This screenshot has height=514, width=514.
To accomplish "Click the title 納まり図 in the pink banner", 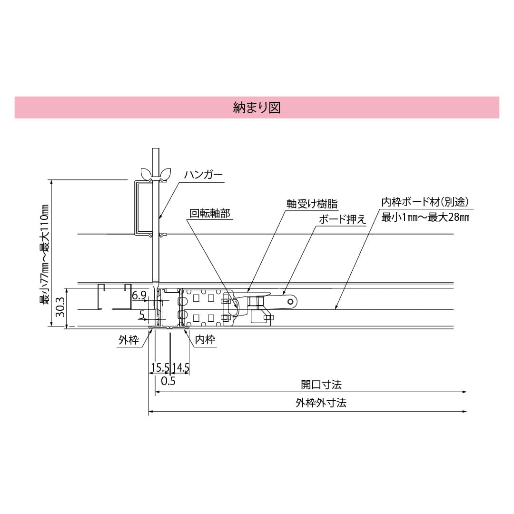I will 257,107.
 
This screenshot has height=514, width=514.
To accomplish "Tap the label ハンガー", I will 203,175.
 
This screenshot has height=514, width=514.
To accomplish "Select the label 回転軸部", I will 209,214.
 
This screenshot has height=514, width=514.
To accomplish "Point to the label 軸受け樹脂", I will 312,204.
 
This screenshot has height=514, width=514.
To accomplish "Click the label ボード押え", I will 342,219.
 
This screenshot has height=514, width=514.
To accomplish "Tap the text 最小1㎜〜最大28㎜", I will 426,217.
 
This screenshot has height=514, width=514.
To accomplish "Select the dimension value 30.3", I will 59,307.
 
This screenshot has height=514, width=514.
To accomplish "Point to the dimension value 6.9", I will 139,296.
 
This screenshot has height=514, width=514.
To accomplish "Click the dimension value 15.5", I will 160,367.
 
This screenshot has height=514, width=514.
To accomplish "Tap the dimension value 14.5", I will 181,367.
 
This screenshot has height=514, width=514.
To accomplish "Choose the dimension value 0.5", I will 168,381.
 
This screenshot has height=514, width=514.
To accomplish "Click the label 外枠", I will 128,340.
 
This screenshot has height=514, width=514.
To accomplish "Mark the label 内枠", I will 206,340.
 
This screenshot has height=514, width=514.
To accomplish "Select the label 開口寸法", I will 321,384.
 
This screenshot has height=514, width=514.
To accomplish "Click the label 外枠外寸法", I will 321,403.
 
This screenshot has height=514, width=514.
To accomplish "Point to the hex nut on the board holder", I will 260,301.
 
